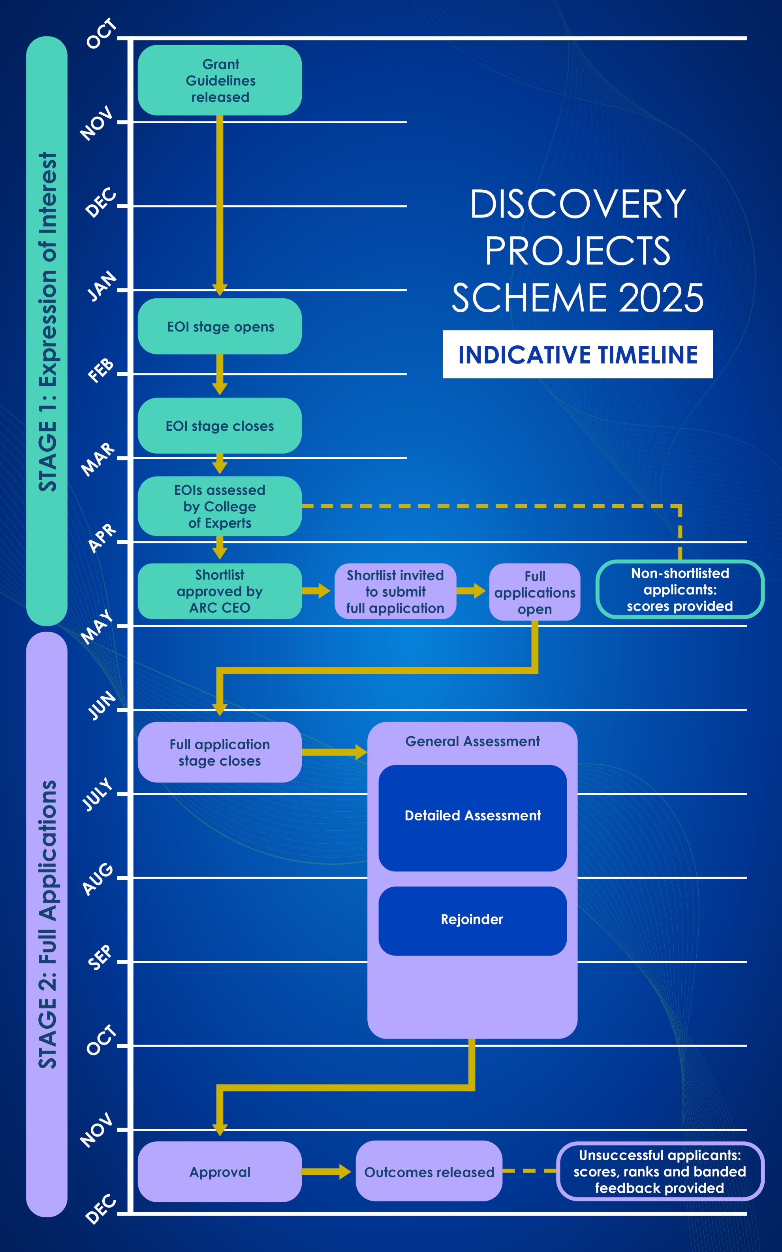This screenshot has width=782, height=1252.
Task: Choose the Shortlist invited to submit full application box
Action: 395,591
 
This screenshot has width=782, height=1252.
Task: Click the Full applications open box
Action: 534,592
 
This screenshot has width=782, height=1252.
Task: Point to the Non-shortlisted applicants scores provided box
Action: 680,589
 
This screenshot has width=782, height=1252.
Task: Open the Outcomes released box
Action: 429,1172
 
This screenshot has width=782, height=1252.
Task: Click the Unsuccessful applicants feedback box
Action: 660,1171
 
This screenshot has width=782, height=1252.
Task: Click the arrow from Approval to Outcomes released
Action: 326,1172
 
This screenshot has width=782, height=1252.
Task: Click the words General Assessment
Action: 472,741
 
